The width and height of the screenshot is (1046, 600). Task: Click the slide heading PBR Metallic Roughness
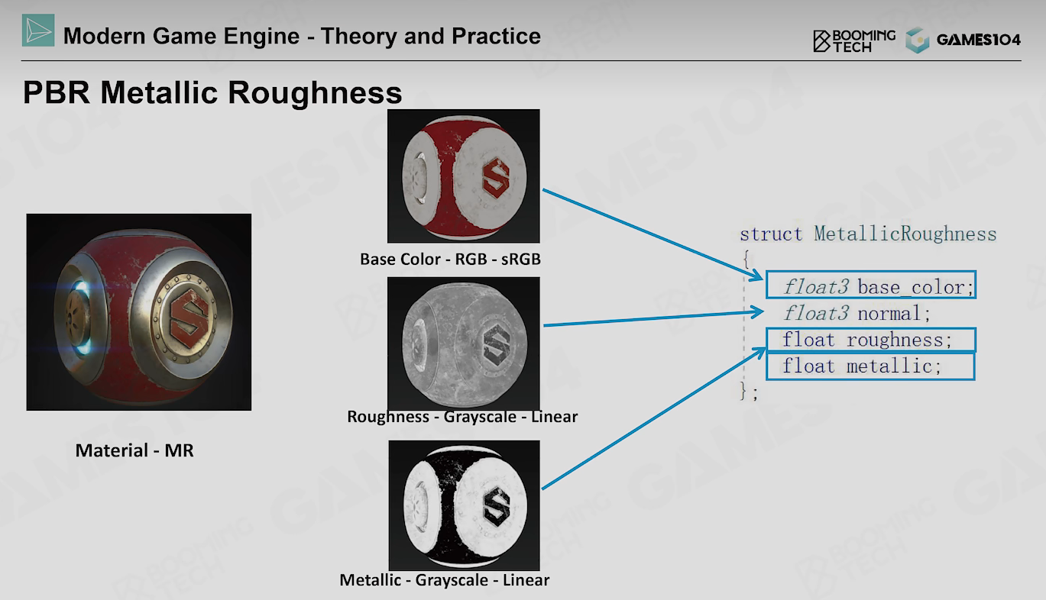tap(212, 92)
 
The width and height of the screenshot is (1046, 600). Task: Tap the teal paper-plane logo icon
tap(38, 31)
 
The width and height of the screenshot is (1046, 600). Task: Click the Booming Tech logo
tap(854, 40)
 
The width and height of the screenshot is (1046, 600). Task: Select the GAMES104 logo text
tap(978, 40)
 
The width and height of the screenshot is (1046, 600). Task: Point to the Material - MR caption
tap(134, 450)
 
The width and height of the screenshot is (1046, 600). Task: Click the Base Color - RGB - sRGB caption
tap(450, 259)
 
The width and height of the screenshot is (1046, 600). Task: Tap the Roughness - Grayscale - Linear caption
tap(462, 416)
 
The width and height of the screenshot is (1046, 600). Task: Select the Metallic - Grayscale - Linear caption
tap(444, 580)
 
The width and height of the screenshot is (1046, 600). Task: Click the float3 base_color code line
tap(878, 287)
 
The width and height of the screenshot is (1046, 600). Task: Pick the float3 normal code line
tap(857, 313)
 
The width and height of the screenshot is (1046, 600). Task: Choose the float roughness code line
tap(866, 340)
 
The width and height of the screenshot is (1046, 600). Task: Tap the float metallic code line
tap(862, 366)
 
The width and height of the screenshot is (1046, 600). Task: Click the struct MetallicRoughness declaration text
tap(868, 234)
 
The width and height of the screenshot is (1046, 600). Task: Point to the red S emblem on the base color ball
tap(495, 178)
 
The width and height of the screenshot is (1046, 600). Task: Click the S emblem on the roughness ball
tap(496, 345)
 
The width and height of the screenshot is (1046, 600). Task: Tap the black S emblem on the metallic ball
tap(497, 507)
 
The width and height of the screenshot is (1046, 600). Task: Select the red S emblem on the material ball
tap(189, 318)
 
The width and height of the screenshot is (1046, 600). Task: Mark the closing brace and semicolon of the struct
tap(749, 391)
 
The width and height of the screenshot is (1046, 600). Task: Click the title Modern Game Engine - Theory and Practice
tap(302, 36)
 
